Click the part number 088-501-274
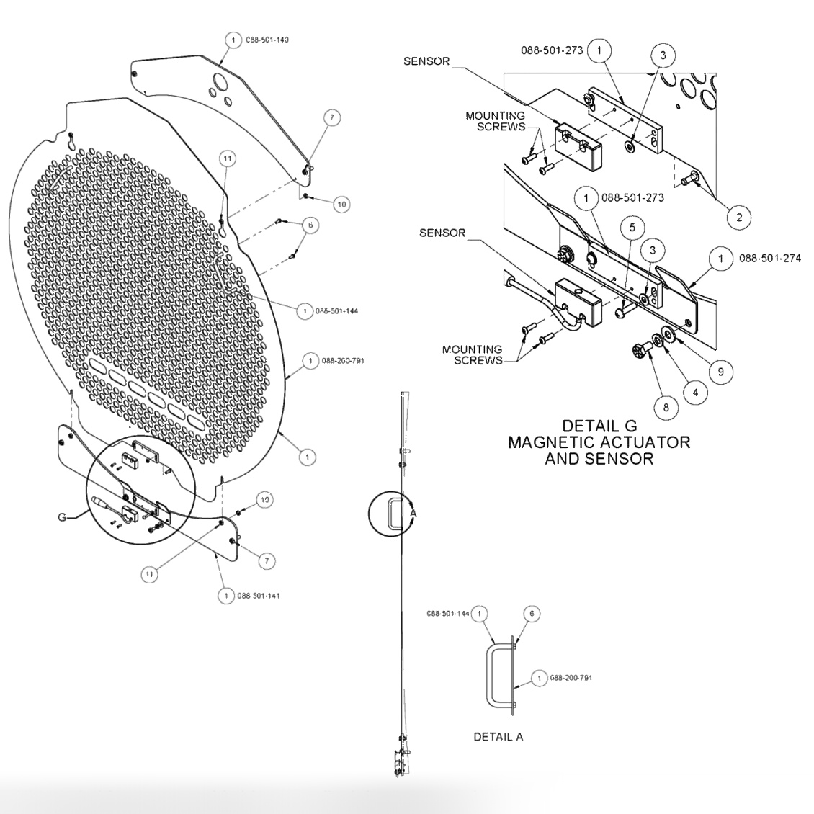(x=769, y=258)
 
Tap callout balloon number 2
(x=738, y=215)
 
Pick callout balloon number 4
(x=694, y=393)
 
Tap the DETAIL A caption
(x=498, y=737)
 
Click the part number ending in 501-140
(x=267, y=40)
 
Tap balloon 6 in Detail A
(x=532, y=614)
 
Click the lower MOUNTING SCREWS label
(x=473, y=354)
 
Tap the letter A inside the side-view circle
(x=413, y=513)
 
